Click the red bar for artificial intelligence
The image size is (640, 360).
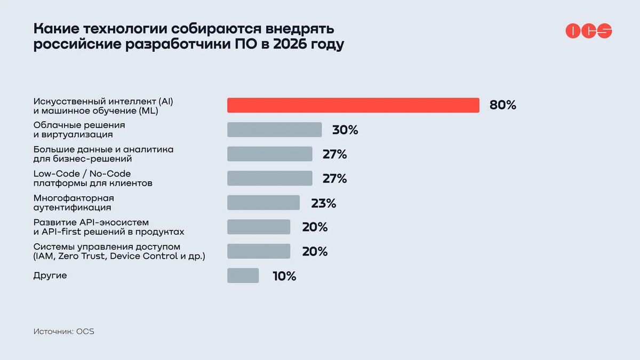(353, 105)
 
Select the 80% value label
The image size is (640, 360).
(502, 105)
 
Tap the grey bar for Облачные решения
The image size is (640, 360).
(274, 130)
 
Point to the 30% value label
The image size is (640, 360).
(345, 130)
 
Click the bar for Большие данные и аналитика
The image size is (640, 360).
(269, 154)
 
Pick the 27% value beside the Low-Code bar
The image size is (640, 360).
(334, 179)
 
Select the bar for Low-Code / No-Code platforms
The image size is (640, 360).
(269, 179)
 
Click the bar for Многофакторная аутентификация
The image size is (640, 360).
(263, 203)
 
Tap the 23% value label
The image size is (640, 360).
(324, 203)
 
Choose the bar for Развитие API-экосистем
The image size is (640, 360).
(259, 227)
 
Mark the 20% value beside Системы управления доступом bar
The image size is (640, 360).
(315, 252)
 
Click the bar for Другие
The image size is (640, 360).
(243, 276)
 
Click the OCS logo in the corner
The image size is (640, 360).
(588, 31)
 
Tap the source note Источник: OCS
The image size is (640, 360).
(63, 331)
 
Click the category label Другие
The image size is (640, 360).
(50, 276)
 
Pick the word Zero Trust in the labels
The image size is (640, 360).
(81, 257)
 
